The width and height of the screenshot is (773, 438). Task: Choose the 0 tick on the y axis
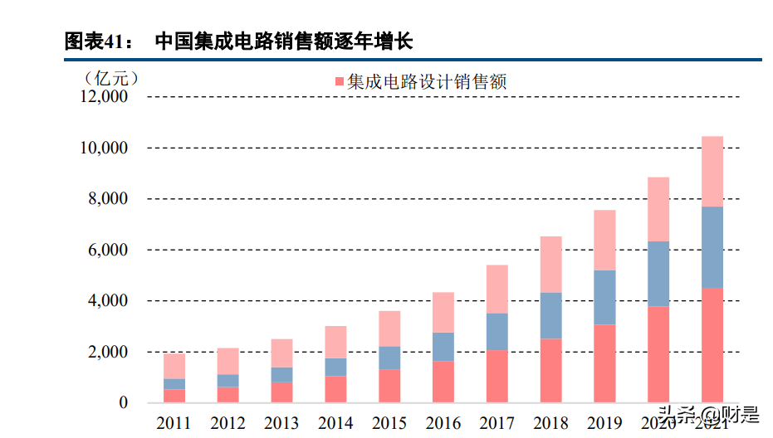124,403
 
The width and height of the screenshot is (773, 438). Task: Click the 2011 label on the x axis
174,424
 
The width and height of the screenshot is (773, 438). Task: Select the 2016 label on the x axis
443,424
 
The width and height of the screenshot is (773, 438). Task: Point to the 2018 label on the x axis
550,424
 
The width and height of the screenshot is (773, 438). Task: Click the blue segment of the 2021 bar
712,247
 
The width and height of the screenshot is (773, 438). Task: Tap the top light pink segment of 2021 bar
712,171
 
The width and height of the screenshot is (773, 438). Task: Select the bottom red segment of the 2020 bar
658,354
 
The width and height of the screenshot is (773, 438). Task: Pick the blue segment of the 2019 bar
604,297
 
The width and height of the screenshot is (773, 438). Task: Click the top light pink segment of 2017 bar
497,289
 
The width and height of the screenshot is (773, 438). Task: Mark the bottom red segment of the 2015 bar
389,386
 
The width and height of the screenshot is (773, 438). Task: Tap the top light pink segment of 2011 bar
174,365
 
